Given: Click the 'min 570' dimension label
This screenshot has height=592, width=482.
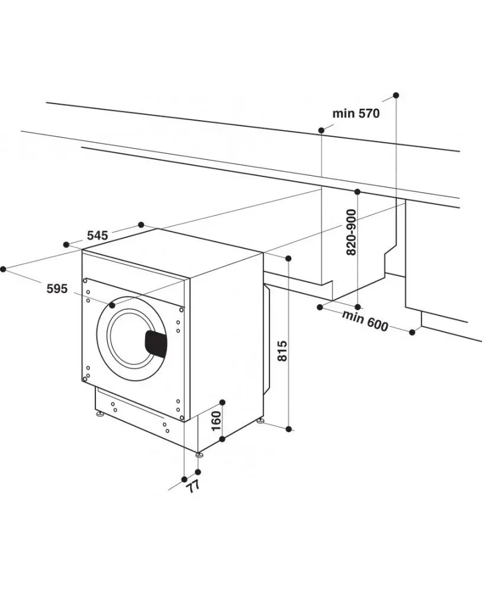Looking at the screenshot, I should tap(355, 114).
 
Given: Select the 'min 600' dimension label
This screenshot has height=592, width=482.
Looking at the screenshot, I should tap(365, 320).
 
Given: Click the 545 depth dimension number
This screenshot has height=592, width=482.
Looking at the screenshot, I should tap(97, 235).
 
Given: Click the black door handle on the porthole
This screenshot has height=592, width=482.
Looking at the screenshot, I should tap(156, 343).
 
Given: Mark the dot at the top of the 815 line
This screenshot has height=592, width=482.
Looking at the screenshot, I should tap(288, 259).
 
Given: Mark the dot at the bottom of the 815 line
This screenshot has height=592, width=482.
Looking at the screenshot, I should tap(288, 429).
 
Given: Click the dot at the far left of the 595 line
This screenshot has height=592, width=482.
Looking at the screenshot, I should tap(3, 269).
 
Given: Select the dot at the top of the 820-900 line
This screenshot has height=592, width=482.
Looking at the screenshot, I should tap(358, 192).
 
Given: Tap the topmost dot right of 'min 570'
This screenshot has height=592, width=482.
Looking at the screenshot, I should tap(396, 95).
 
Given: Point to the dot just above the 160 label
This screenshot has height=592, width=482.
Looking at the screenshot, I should tap(222, 401).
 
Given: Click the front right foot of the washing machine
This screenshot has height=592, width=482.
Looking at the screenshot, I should tap(200, 455).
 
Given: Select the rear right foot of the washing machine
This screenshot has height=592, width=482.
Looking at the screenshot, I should tap(261, 422).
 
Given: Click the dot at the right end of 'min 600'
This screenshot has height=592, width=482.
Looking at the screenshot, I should tap(413, 332).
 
